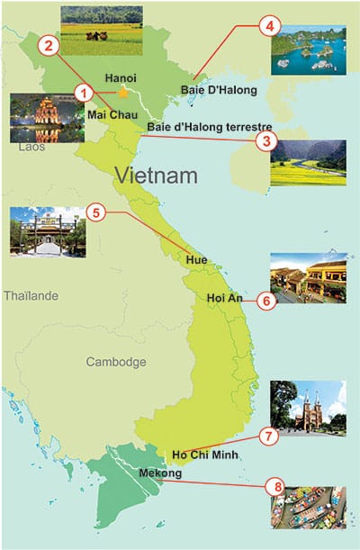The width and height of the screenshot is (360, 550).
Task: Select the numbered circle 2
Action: point(48,43)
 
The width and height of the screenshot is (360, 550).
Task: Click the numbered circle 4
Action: point(266,26)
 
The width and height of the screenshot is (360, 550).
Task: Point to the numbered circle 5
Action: point(98,213)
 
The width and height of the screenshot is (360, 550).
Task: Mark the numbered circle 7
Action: point(266,436)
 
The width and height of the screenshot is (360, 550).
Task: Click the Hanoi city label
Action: point(121,78)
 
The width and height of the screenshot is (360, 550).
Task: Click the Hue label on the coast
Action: point(196,260)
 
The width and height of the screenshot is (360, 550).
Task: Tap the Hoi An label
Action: point(224,297)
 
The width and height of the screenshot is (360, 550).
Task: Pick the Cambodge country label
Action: point(115,362)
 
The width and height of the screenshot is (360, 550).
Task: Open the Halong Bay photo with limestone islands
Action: point(309,50)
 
